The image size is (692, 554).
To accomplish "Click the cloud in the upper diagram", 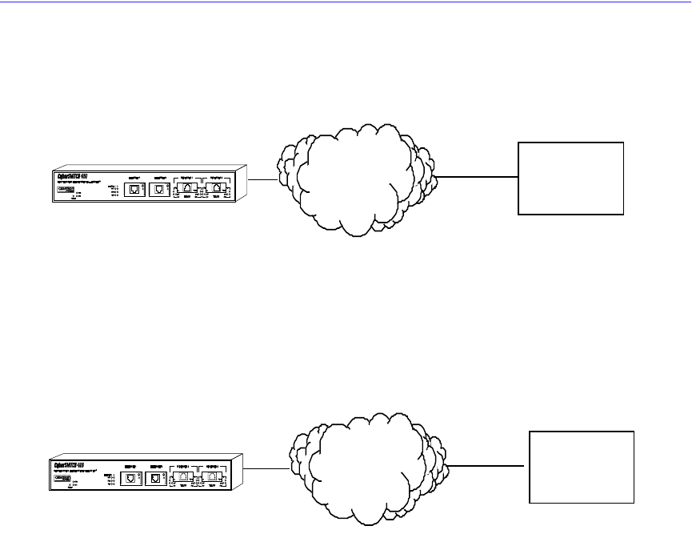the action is [356, 180].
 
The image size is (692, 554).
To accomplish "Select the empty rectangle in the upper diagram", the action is [570, 179].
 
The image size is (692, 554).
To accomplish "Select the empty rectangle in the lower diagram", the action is [582, 468].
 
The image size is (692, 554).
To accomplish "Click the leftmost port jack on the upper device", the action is [134, 190].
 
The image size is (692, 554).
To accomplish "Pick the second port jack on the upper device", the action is [159, 190].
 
